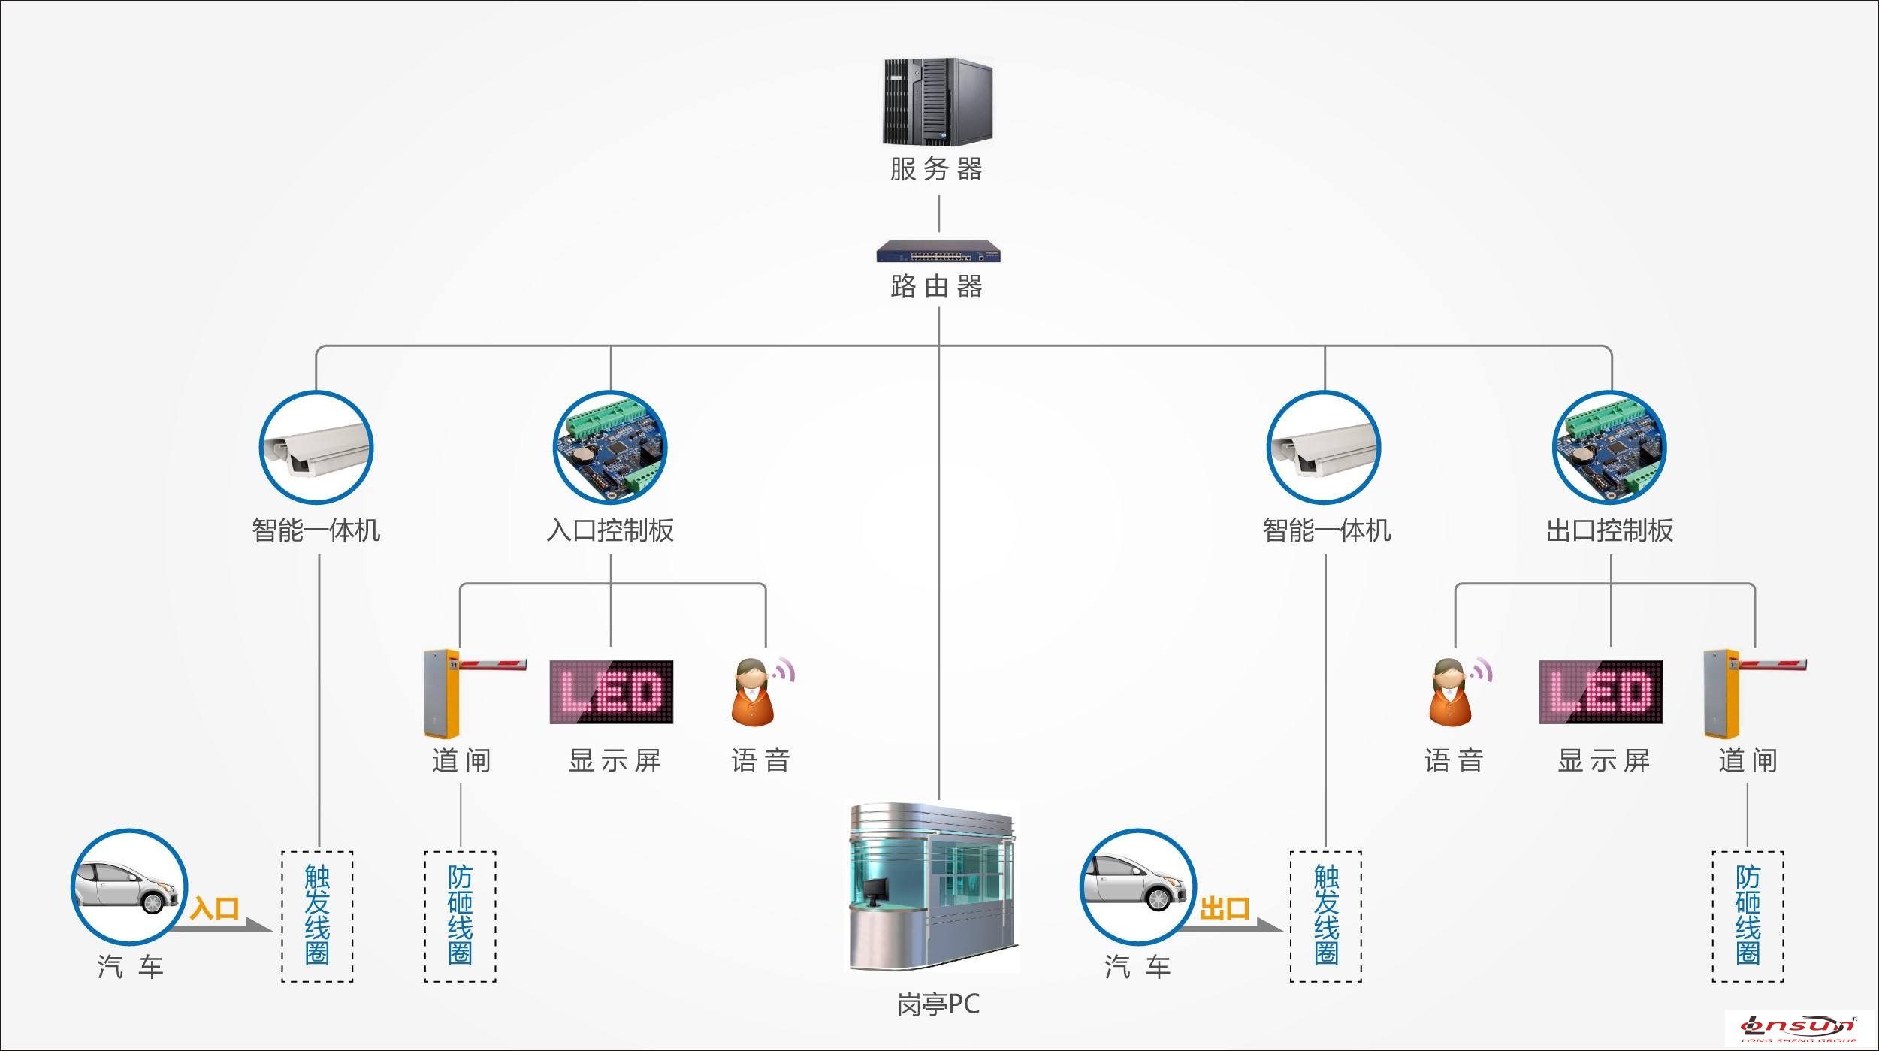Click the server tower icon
pos(938,101)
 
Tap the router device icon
pos(938,251)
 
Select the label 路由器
pos(937,286)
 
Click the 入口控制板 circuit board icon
pos(610,448)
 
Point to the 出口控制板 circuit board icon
pos(1609,448)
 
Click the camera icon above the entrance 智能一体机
pos(316,448)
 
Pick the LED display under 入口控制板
pos(612,692)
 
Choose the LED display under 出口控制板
pos(1600,692)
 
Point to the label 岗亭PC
pos(938,1004)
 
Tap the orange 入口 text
pos(215,908)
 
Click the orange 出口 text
pos(1225,908)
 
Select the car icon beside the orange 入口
pos(128,887)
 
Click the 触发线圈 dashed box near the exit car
pos(1326,917)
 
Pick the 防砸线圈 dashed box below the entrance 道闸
pos(461,917)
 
